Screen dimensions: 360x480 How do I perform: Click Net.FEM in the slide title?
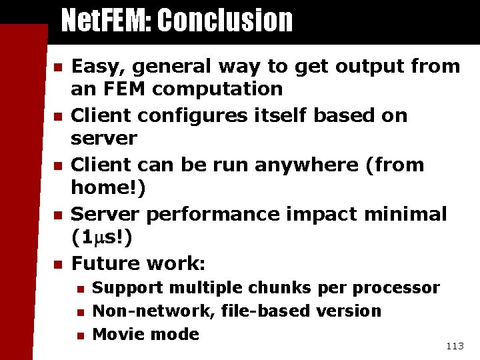point(107,21)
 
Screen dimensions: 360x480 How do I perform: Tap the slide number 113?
point(455,345)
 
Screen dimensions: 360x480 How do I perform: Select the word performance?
point(223,215)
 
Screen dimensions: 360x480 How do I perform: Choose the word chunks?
point(279,288)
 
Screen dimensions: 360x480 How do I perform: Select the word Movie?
point(115,334)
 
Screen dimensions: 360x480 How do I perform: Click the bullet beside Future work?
point(58,265)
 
